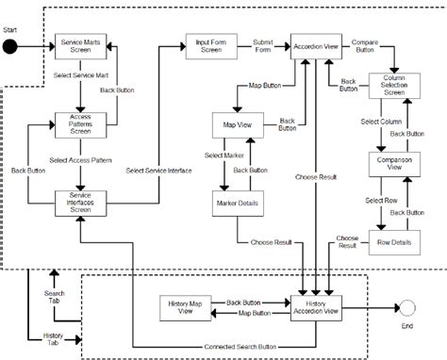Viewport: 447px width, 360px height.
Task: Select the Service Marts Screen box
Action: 81,46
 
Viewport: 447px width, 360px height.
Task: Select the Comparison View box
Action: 386,163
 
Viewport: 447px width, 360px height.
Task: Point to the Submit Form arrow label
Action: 263,46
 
